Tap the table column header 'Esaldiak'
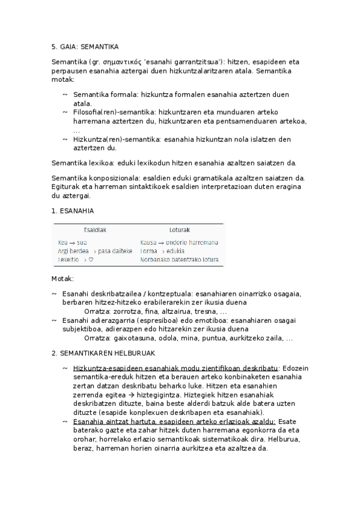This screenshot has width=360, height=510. point(95,230)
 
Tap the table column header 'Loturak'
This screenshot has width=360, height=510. point(180,230)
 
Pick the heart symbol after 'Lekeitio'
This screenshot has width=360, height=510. point(90,260)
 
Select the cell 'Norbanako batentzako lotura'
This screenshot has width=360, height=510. point(179,260)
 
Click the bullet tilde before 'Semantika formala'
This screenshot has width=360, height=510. point(65,95)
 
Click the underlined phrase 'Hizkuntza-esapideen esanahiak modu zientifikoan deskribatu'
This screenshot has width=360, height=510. point(175,368)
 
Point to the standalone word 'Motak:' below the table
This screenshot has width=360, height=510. point(63,279)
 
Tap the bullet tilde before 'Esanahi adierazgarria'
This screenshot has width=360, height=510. point(55,321)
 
